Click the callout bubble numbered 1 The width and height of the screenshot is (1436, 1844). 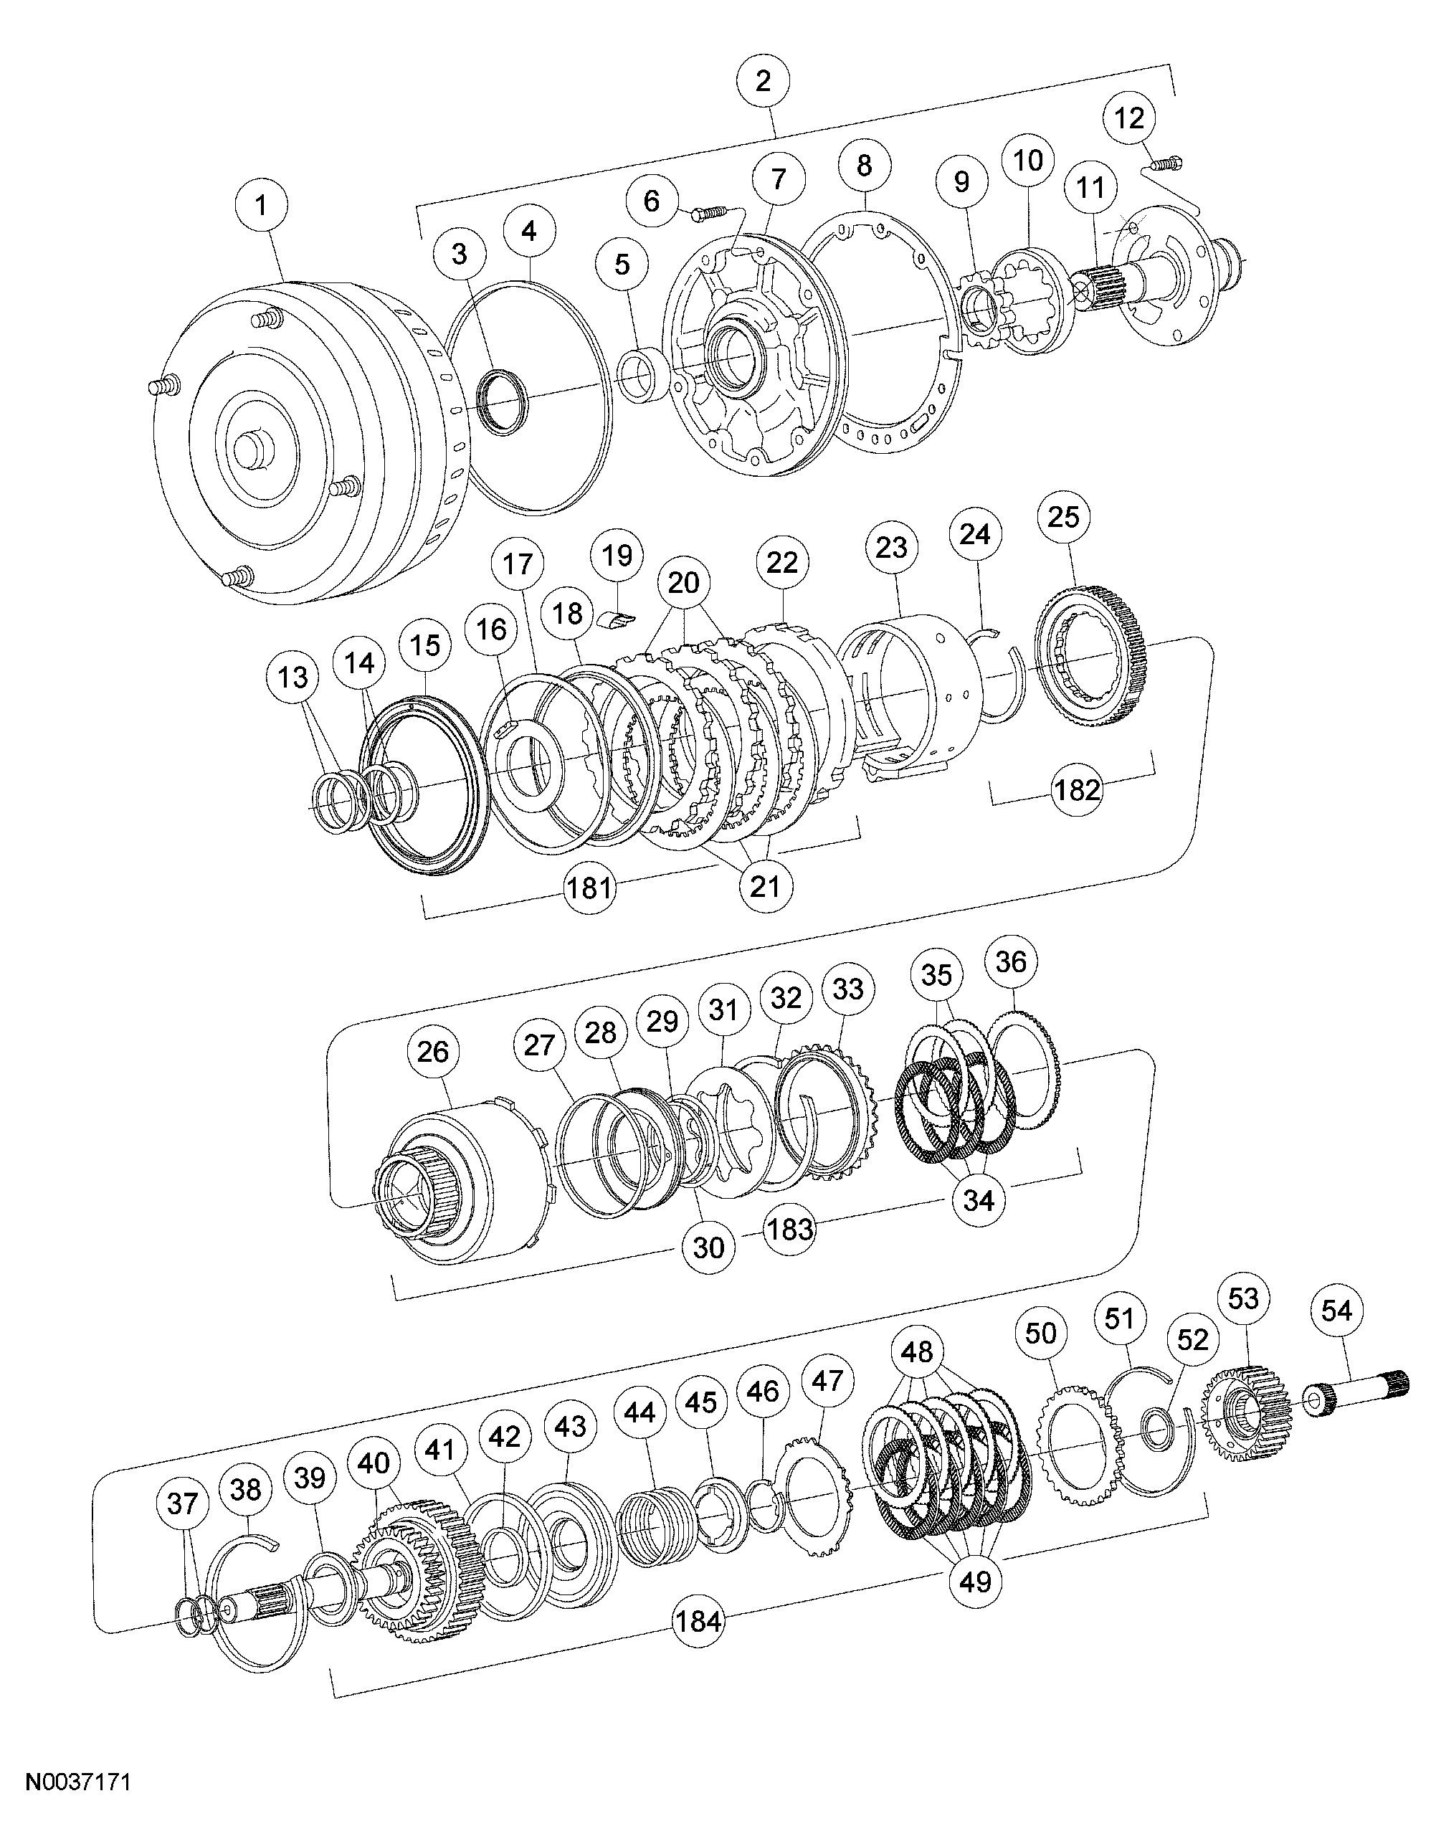(x=261, y=205)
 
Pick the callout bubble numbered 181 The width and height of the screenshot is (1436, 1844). (x=589, y=888)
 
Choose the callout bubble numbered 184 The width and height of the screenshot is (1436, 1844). (x=698, y=1620)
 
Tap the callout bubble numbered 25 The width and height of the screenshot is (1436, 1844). (x=1064, y=516)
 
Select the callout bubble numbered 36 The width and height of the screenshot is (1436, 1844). (x=1011, y=961)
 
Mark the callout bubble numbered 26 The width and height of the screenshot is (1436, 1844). (x=433, y=1052)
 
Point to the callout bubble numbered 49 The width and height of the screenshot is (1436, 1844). (x=975, y=1581)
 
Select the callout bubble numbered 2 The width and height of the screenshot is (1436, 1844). (x=763, y=82)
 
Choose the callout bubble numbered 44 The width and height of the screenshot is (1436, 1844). (x=639, y=1411)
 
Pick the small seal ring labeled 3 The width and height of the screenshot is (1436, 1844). (x=501, y=395)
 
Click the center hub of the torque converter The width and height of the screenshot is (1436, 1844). (x=253, y=448)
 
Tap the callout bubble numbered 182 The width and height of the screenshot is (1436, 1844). (x=1078, y=789)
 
